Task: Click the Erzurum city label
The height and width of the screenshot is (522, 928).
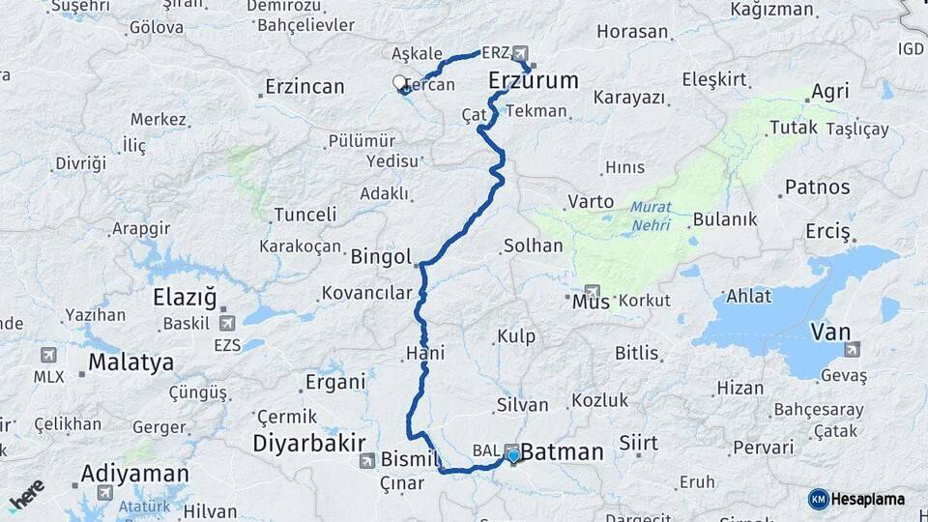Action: pyautogui.click(x=534, y=79)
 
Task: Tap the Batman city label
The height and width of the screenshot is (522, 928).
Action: pyautogui.click(x=563, y=451)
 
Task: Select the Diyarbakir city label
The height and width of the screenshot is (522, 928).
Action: pyautogui.click(x=308, y=442)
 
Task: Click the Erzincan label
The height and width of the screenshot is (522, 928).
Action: pyautogui.click(x=303, y=87)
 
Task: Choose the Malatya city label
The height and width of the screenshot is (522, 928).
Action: pyautogui.click(x=131, y=362)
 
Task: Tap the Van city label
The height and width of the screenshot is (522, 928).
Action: pyautogui.click(x=830, y=333)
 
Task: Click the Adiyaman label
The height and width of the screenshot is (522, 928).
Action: pyautogui.click(x=134, y=474)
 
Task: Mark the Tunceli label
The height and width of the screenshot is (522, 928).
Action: pyautogui.click(x=304, y=215)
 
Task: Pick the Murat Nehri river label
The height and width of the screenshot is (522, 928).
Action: pyautogui.click(x=651, y=216)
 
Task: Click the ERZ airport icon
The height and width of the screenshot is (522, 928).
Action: pyautogui.click(x=521, y=52)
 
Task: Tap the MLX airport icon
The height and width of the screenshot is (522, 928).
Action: pyautogui.click(x=48, y=355)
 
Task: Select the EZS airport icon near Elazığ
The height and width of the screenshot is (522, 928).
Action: pyautogui.click(x=228, y=324)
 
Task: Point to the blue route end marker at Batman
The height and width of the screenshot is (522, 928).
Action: pyautogui.click(x=513, y=455)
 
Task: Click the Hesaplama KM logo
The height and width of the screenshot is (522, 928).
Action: pyautogui.click(x=856, y=499)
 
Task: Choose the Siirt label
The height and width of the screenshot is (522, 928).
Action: pyautogui.click(x=638, y=444)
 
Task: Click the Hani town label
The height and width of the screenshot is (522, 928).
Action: pyautogui.click(x=425, y=354)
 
